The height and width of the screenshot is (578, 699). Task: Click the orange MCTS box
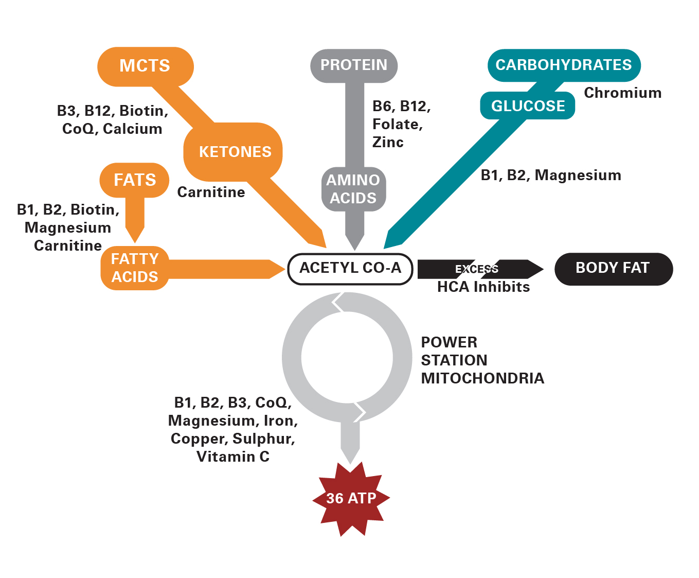(x=145, y=66)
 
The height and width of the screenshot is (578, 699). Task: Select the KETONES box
(x=235, y=152)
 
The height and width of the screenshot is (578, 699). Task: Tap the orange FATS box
(x=135, y=180)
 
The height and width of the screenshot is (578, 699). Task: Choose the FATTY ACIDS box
(x=135, y=268)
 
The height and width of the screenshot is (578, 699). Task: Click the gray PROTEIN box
(x=354, y=65)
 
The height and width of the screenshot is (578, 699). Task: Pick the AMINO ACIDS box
(x=353, y=189)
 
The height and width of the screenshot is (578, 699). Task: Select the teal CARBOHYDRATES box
(x=563, y=65)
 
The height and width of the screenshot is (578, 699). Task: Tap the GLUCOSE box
(x=528, y=106)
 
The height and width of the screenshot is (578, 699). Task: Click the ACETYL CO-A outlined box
(x=350, y=268)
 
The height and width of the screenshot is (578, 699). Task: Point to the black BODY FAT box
(x=613, y=268)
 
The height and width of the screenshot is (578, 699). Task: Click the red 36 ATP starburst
(x=351, y=498)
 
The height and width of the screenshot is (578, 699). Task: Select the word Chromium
(x=622, y=93)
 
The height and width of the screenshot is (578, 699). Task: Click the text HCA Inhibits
(x=483, y=287)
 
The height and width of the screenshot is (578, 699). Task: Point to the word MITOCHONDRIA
(x=482, y=378)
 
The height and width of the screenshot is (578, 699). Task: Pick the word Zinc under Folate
(x=388, y=143)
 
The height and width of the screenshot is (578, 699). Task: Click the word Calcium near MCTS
(x=133, y=129)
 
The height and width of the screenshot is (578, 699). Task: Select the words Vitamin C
(x=233, y=457)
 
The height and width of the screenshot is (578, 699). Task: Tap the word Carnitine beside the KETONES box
(x=211, y=192)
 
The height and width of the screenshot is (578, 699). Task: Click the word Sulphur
(x=263, y=439)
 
